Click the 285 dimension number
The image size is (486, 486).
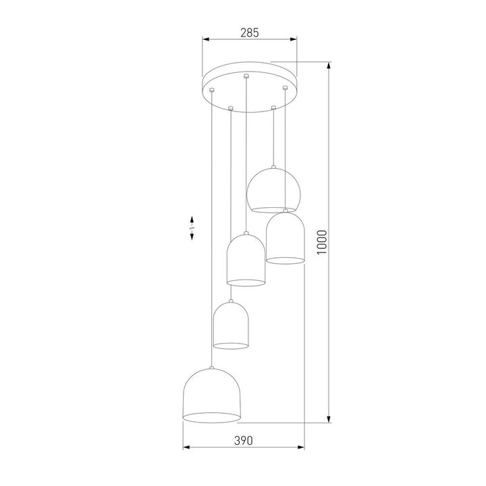click(250, 32)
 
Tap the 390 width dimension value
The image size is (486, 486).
click(243, 440)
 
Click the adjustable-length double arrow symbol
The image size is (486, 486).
click(192, 227)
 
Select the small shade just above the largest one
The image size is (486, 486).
click(231, 327)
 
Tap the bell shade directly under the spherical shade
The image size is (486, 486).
click(284, 238)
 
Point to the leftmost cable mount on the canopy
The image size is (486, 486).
click(213, 90)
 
